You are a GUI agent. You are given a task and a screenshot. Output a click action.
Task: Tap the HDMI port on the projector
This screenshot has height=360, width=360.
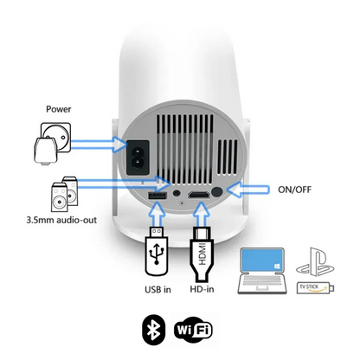pos(200,196)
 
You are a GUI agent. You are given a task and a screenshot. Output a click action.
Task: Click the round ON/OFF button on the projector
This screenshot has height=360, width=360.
pos(228,193)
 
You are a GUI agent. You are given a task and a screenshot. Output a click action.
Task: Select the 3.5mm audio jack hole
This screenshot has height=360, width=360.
pos(178,195)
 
